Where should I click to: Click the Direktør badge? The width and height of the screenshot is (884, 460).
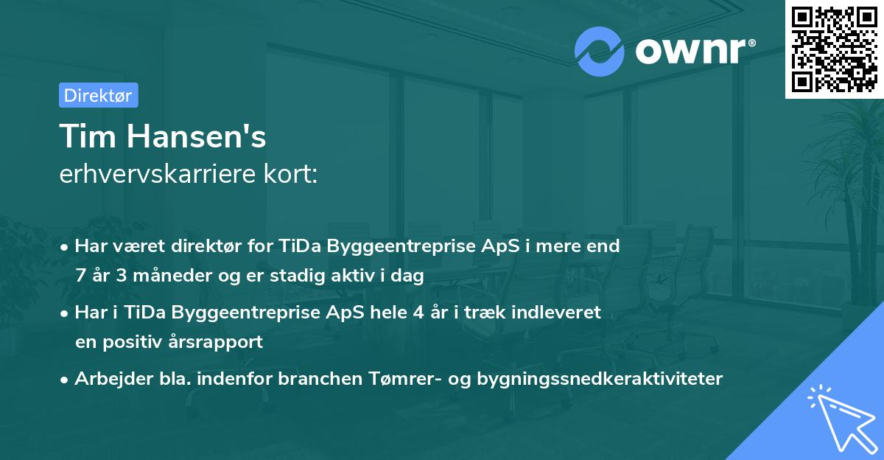[98, 95]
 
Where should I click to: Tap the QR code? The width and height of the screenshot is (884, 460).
[835, 49]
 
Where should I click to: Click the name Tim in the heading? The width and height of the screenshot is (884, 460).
[89, 136]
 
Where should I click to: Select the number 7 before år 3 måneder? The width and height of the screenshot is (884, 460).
[80, 276]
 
